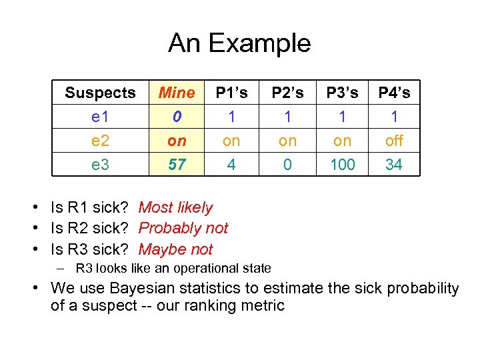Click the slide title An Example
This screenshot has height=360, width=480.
click(239, 43)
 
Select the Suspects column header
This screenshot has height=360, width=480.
click(100, 93)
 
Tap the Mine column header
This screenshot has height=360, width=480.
click(177, 93)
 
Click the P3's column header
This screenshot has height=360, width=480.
click(342, 93)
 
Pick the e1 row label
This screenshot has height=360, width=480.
click(100, 117)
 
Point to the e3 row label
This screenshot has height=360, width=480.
click(100, 164)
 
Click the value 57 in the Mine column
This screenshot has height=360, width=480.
click(177, 164)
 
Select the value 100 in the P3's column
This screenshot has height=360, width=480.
click(342, 164)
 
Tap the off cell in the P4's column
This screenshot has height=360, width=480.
click(394, 141)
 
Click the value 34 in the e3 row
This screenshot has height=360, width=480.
click(394, 164)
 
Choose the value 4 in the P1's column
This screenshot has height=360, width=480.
click(231, 164)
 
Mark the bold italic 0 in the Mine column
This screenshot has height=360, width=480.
click(177, 117)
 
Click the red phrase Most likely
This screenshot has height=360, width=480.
click(175, 208)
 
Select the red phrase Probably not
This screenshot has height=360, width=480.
click(183, 229)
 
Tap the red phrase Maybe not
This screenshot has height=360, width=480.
click(175, 249)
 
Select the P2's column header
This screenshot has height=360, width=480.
click(287, 93)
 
